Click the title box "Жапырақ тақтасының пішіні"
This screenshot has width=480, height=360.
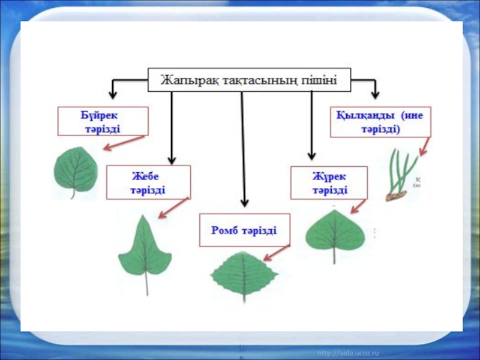point(249,79)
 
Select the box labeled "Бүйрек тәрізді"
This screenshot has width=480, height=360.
point(103,121)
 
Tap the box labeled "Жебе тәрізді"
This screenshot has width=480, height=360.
point(148,182)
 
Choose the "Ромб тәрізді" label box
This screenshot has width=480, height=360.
point(244,230)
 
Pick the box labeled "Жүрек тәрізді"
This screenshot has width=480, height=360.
point(329,182)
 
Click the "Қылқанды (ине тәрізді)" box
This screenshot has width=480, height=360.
point(380,121)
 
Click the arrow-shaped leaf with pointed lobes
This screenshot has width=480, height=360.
point(145,250)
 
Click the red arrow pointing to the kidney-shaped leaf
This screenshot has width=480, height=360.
point(124,143)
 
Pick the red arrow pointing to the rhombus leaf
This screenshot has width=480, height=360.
point(277,252)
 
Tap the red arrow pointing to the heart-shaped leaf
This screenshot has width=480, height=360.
point(358,206)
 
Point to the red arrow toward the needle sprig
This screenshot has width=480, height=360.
point(425,147)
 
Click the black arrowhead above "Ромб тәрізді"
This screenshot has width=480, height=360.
point(244,202)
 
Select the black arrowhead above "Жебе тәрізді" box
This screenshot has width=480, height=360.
point(172,159)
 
